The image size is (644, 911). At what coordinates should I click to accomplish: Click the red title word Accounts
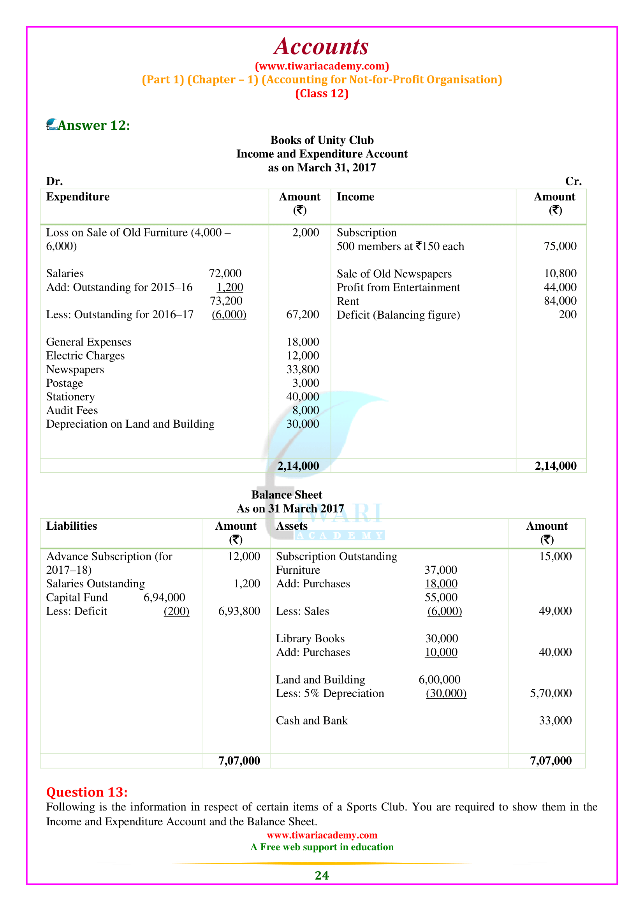click(321, 47)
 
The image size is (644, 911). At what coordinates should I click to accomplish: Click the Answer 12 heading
click(93, 125)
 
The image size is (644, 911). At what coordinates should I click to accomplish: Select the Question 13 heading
click(87, 792)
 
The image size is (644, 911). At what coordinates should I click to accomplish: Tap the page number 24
click(322, 875)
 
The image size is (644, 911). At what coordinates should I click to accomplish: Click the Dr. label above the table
click(55, 181)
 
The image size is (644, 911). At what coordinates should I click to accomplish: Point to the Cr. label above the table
click(573, 181)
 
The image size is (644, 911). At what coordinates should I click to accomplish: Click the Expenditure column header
click(78, 197)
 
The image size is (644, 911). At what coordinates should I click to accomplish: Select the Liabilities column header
click(71, 526)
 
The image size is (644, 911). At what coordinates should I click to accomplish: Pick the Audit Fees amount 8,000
click(305, 410)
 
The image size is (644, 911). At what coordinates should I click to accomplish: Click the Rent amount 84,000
click(560, 301)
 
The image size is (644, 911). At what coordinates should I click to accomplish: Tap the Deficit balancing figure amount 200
click(567, 315)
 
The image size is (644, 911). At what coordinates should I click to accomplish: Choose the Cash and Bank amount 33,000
click(555, 721)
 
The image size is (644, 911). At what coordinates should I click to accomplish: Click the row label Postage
click(65, 383)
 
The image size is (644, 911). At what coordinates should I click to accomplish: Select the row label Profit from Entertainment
click(398, 287)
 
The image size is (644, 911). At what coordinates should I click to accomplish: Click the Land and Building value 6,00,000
click(439, 680)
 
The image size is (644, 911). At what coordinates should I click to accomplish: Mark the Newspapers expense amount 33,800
click(303, 369)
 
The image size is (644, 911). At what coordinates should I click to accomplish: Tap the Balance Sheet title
click(287, 495)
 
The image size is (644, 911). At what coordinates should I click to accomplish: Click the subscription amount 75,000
click(560, 246)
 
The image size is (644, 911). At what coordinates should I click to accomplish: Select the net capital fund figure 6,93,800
click(239, 611)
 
